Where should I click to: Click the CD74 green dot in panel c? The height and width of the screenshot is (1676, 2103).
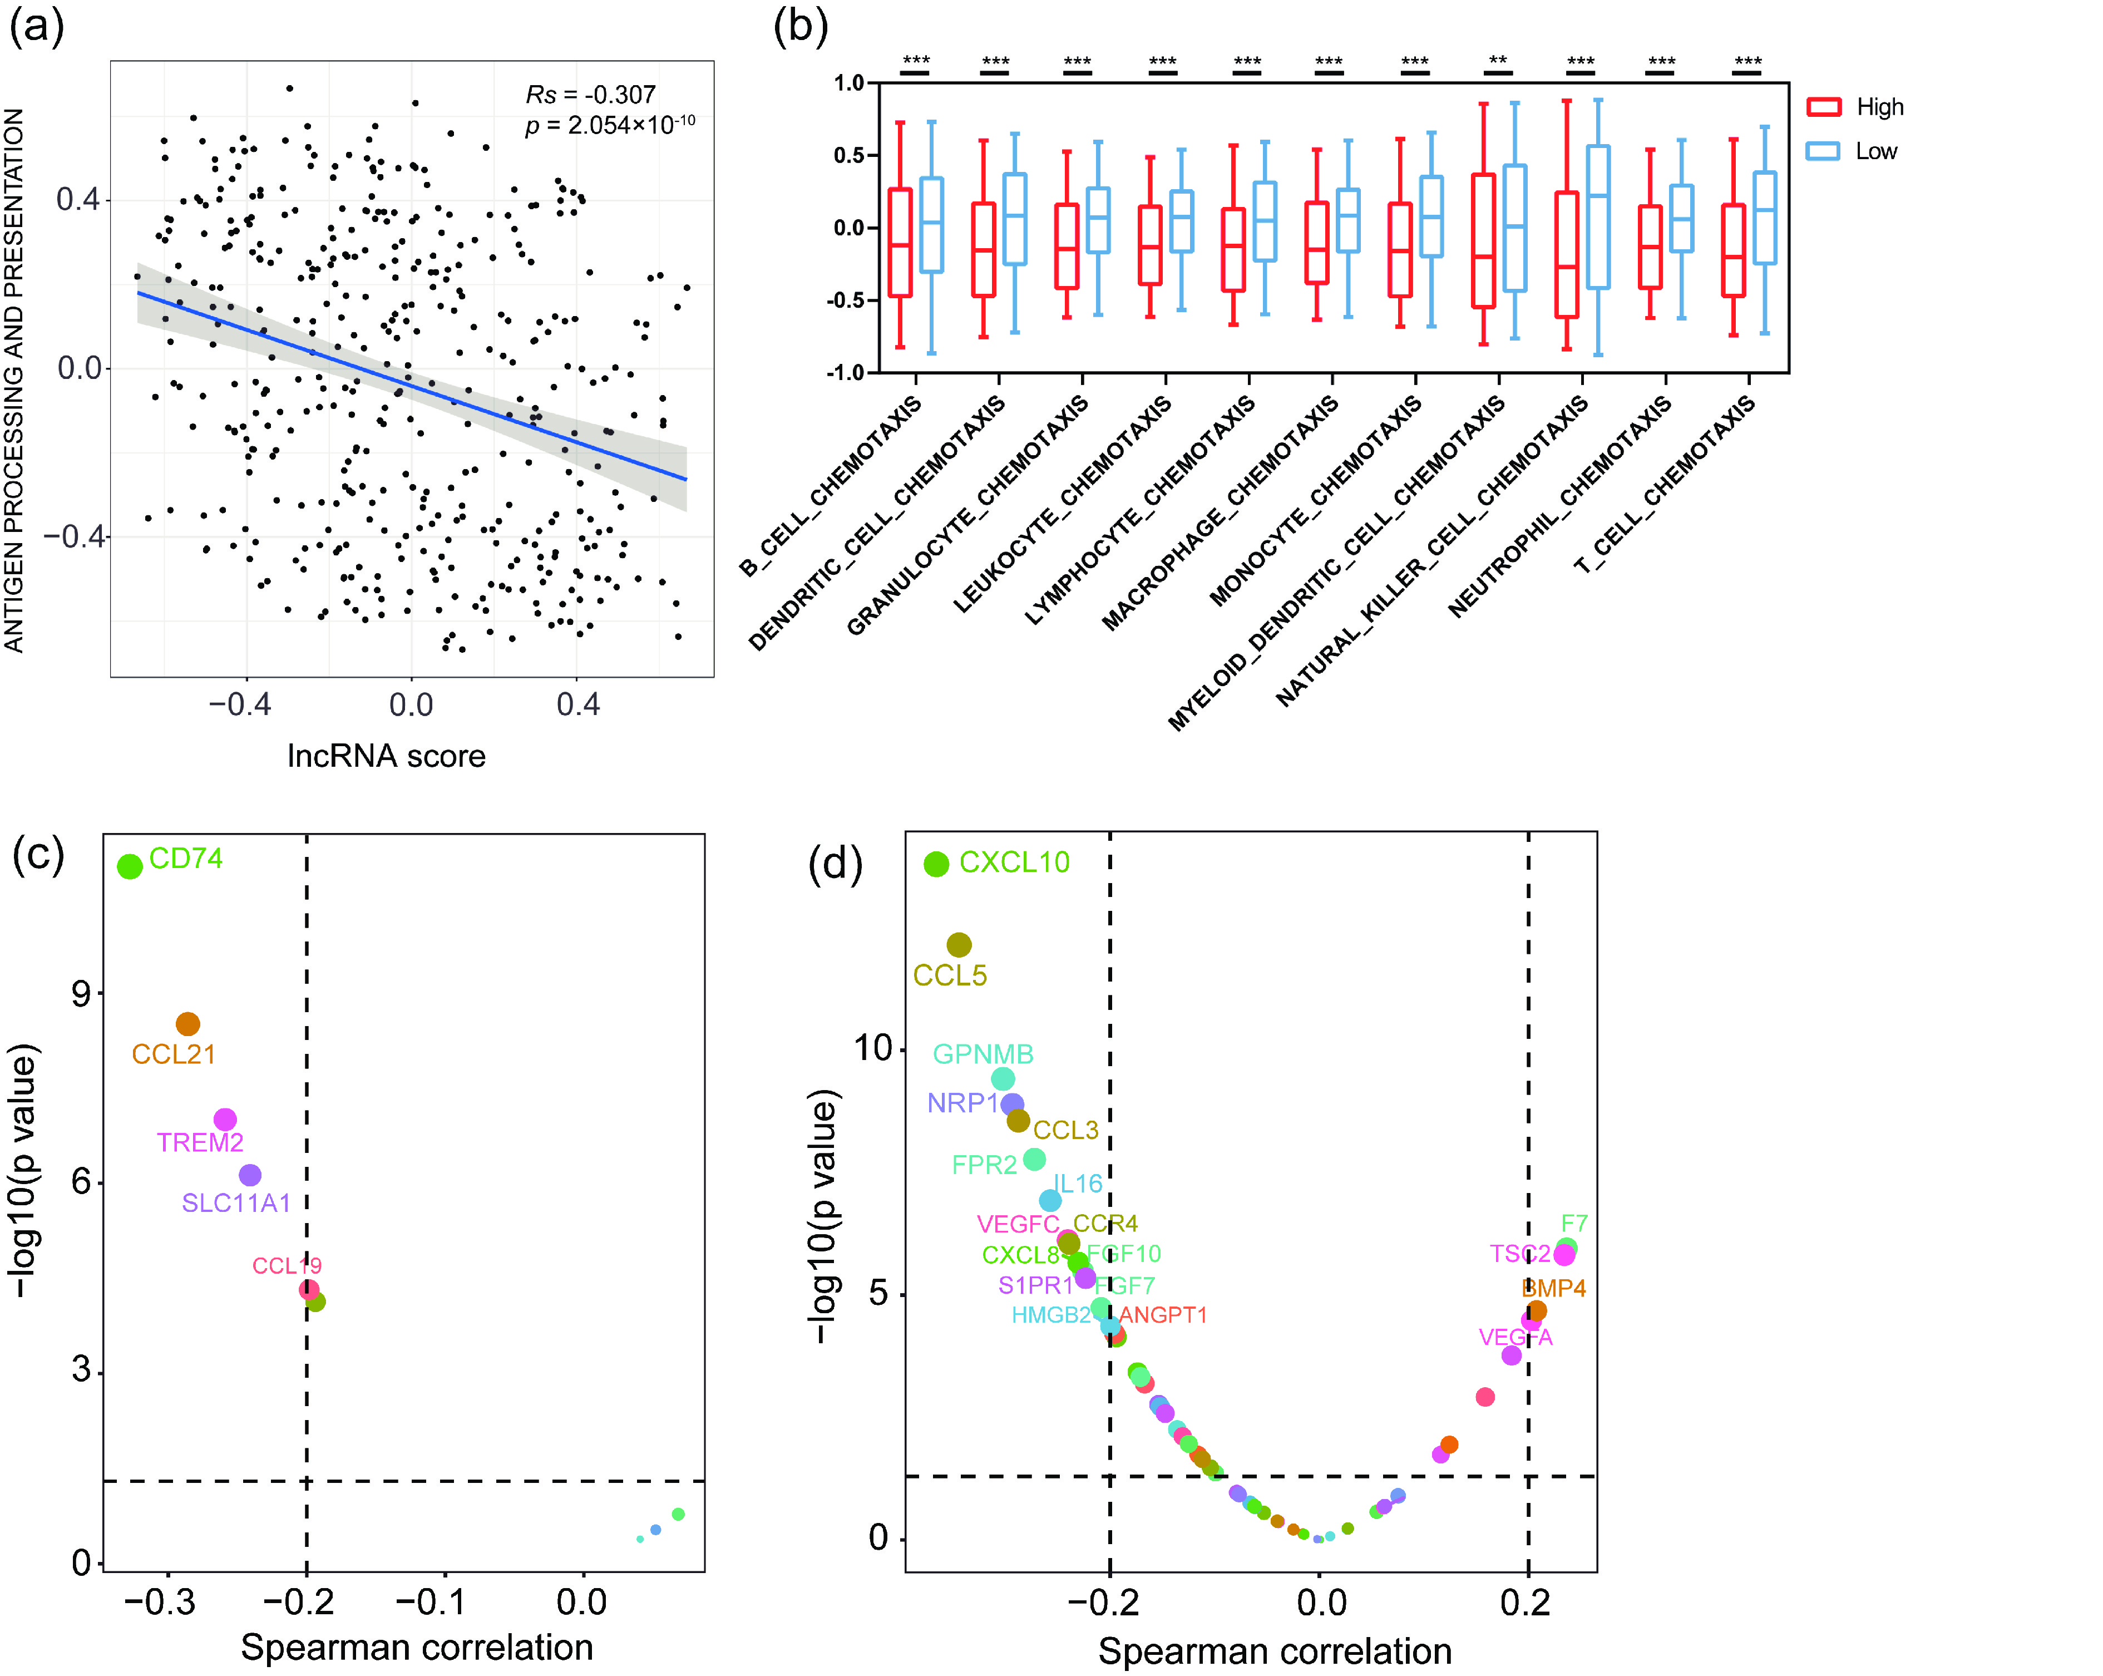pyautogui.click(x=130, y=865)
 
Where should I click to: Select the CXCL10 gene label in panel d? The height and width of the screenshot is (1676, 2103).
pyautogui.click(x=1014, y=862)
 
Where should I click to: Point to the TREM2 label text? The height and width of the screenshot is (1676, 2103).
pyautogui.click(x=200, y=1142)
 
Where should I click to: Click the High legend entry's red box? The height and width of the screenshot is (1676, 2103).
pyautogui.click(x=1823, y=107)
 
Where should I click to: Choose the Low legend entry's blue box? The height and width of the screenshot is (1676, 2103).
pyautogui.click(x=1823, y=151)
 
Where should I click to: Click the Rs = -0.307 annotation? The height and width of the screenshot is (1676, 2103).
pyautogui.click(x=590, y=95)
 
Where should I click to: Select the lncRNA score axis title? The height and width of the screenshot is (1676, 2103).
pyautogui.click(x=386, y=756)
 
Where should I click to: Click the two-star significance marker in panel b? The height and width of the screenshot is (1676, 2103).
pyautogui.click(x=1497, y=61)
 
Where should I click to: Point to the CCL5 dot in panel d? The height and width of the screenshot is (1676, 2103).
pyautogui.click(x=959, y=944)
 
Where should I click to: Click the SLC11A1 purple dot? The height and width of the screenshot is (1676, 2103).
pyautogui.click(x=250, y=1176)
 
